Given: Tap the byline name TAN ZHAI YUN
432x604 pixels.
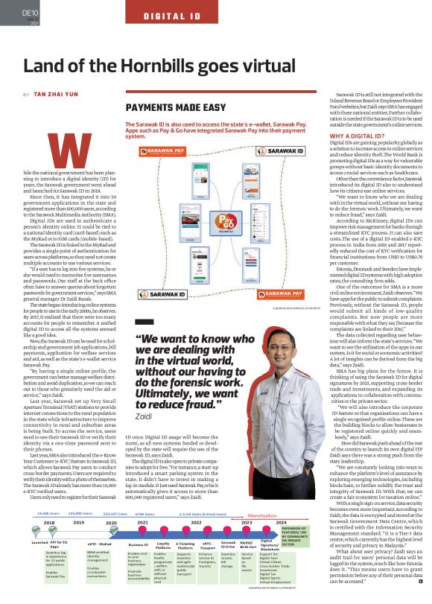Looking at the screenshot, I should [59, 95].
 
